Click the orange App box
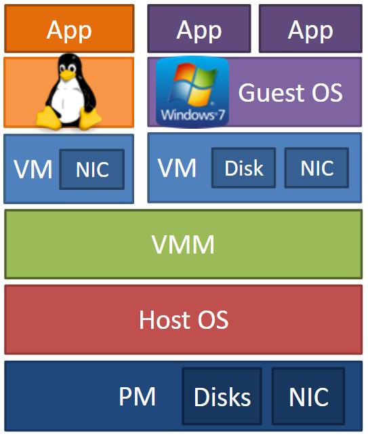(x=69, y=28)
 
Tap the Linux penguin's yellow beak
(x=67, y=75)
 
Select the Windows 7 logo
(x=192, y=92)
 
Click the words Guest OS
(x=290, y=93)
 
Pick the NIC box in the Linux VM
(x=92, y=170)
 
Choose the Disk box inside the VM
(x=244, y=167)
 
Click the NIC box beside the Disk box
(x=317, y=167)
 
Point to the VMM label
(x=183, y=244)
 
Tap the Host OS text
(x=184, y=320)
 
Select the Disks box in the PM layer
(x=222, y=396)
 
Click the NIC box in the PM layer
(x=308, y=396)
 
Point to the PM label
(x=137, y=396)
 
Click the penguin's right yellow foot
(x=90, y=119)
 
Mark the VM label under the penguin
(x=33, y=169)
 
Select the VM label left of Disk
(x=177, y=167)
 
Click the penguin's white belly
(x=68, y=103)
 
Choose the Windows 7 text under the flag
(x=192, y=115)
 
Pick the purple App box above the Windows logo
(x=199, y=28)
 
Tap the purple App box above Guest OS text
(x=310, y=28)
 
